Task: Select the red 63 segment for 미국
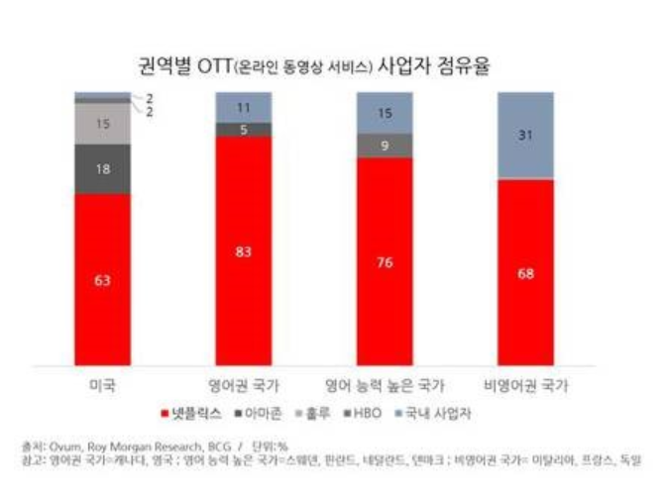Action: [102, 279]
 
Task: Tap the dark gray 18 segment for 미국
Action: [102, 170]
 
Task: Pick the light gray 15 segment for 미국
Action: [102, 124]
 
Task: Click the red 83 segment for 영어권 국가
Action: [244, 251]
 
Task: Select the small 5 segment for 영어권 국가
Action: [244, 129]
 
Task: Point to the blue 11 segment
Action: [244, 107]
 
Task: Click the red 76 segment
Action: [385, 262]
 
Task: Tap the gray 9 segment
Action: [385, 146]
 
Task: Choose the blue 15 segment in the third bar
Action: [385, 113]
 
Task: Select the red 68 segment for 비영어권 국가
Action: [526, 272]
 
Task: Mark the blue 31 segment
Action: [526, 136]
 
